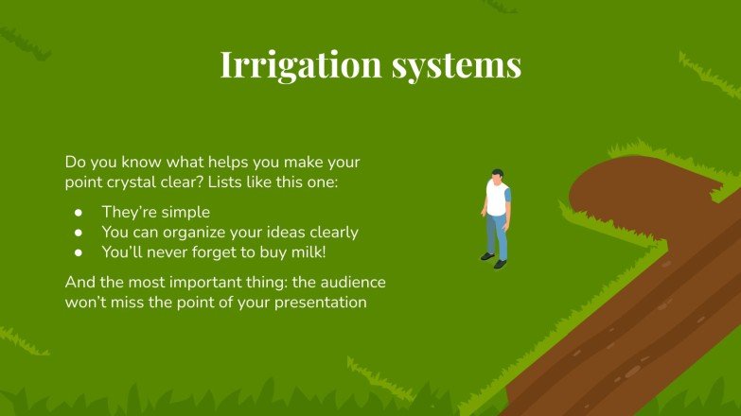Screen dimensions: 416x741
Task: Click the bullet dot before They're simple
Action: pyautogui.click(x=79, y=212)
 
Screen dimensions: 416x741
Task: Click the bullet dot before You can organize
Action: pyautogui.click(x=79, y=233)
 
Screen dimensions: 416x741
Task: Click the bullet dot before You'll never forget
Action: pyautogui.click(x=79, y=252)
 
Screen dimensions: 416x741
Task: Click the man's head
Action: pyautogui.click(x=498, y=177)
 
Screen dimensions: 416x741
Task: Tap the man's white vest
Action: pyautogui.click(x=497, y=200)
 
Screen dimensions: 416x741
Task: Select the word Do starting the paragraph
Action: pyautogui.click(x=75, y=163)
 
